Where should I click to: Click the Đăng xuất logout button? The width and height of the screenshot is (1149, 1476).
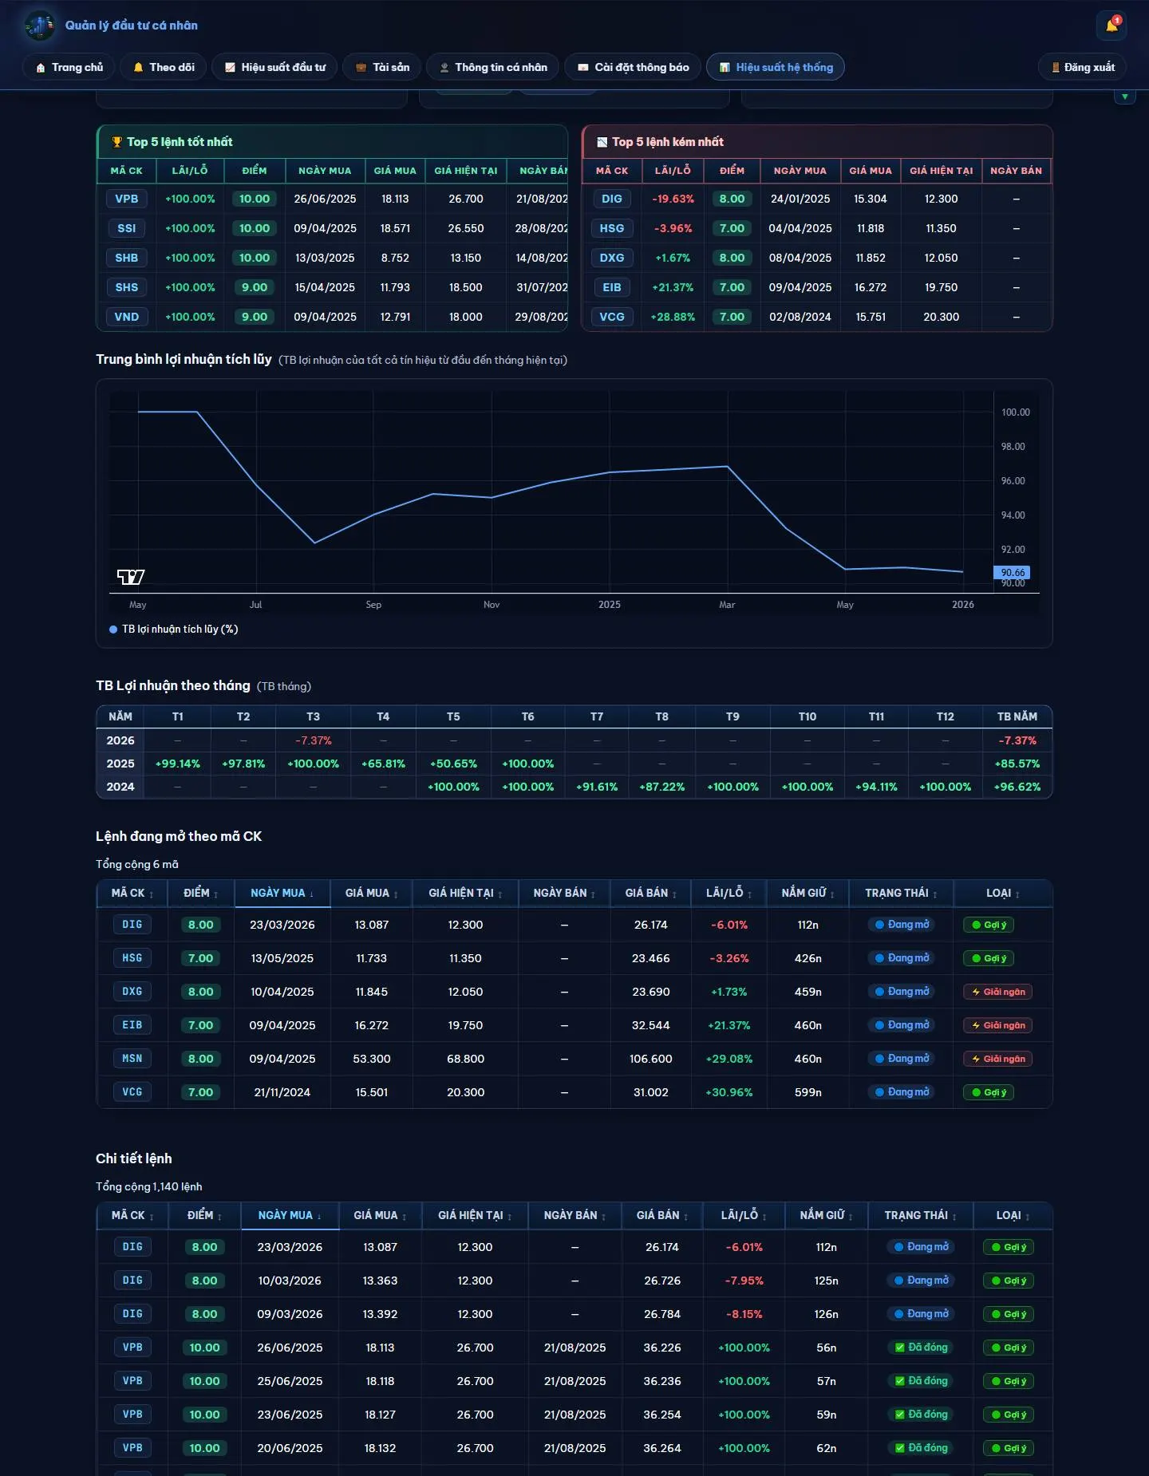pos(1082,67)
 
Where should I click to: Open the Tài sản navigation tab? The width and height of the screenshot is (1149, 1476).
pos(381,67)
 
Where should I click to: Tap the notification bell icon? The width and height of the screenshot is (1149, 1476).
pos(1111,26)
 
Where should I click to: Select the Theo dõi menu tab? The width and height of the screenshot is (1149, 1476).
pos(164,67)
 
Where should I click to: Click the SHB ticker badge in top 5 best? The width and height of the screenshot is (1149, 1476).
pos(126,258)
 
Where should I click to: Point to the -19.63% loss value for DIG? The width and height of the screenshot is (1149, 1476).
pos(673,199)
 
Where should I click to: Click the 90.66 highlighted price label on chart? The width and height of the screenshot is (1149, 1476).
pos(1012,572)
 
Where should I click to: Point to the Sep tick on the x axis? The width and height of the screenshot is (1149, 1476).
pos(373,605)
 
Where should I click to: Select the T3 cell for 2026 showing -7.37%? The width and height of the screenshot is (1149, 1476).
pos(313,740)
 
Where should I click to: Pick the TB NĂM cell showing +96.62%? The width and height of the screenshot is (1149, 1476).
pos(1017,787)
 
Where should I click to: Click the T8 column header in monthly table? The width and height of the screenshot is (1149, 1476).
pos(661,716)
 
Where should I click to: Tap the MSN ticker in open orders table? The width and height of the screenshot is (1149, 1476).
pos(132,1059)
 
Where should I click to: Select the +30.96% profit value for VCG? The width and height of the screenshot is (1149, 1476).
pos(728,1092)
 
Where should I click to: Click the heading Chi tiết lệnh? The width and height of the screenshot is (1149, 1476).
pos(134,1158)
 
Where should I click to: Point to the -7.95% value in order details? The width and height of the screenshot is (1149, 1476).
pos(744,1281)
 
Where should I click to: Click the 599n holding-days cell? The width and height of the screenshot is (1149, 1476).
pos(807,1092)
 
